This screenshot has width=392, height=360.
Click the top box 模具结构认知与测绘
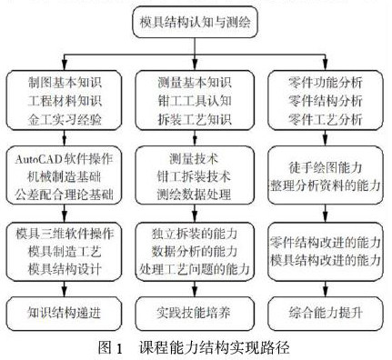coord(196,22)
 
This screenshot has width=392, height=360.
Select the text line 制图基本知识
coord(65,83)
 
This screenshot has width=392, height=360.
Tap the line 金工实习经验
coord(65,119)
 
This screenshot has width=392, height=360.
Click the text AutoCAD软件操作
coord(64,158)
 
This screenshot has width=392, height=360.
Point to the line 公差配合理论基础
coord(64,195)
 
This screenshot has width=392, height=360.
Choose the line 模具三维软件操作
coord(65,234)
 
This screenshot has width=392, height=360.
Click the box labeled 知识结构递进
coord(64,313)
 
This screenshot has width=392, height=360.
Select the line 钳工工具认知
coord(195,101)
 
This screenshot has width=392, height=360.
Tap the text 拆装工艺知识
coord(195,119)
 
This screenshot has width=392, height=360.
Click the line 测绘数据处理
coord(195,195)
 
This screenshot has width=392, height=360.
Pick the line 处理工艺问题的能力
coord(195,269)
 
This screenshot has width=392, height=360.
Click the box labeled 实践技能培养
coord(195,313)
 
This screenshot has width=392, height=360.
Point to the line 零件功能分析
coord(326,83)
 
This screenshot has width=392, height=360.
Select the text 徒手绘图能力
coord(326,167)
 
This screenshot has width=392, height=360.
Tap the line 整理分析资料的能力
coord(326,185)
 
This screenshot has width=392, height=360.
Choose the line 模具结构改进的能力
coord(326,260)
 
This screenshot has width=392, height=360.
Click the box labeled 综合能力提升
coord(326,313)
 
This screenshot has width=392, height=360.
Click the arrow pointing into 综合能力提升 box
coord(326,289)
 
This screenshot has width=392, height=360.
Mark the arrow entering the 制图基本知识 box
coord(64,63)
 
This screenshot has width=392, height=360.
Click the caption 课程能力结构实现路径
coord(215,347)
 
